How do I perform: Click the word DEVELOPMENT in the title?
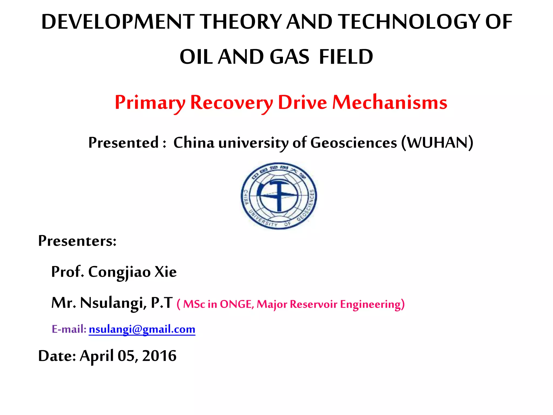point(118,22)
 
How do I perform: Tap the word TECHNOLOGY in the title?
point(410,22)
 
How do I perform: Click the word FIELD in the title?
point(346,57)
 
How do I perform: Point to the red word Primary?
point(150,103)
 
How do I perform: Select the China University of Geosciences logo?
point(279,196)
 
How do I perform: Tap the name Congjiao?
point(119,272)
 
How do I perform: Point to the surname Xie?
point(165,272)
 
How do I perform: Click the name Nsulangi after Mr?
point(113,303)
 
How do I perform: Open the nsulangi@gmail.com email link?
point(142,329)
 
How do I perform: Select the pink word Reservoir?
point(313,304)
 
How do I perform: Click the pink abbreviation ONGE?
point(237,304)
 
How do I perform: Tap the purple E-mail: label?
point(69,329)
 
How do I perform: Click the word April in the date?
point(96,356)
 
